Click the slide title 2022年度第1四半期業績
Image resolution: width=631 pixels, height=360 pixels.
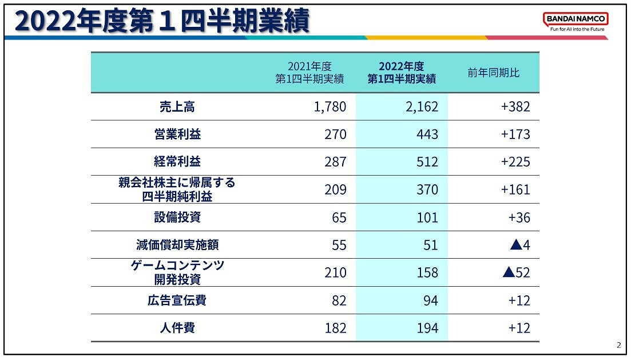click(x=162, y=22)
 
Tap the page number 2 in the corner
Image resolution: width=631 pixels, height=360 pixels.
click(x=618, y=345)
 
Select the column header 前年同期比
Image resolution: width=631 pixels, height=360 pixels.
click(x=493, y=73)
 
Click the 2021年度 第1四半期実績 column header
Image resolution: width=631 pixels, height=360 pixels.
click(x=309, y=73)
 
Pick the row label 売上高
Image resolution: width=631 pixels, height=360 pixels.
click(x=177, y=106)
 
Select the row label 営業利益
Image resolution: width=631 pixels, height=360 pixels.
click(x=177, y=134)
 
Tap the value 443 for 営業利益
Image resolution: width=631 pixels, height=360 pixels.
click(x=427, y=134)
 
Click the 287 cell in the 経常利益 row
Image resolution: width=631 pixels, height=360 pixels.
click(x=335, y=162)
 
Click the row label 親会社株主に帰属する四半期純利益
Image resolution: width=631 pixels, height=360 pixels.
click(x=177, y=189)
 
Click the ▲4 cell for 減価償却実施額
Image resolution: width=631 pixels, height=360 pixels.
click(x=520, y=245)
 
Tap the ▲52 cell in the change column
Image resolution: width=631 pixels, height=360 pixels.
click(x=517, y=272)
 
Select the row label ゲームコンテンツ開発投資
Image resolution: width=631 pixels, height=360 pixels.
click(x=177, y=272)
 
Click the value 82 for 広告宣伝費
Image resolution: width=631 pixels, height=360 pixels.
click(x=339, y=300)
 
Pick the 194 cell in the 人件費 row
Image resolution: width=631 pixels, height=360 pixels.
click(x=427, y=328)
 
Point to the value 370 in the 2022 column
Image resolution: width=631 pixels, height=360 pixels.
click(x=427, y=189)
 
